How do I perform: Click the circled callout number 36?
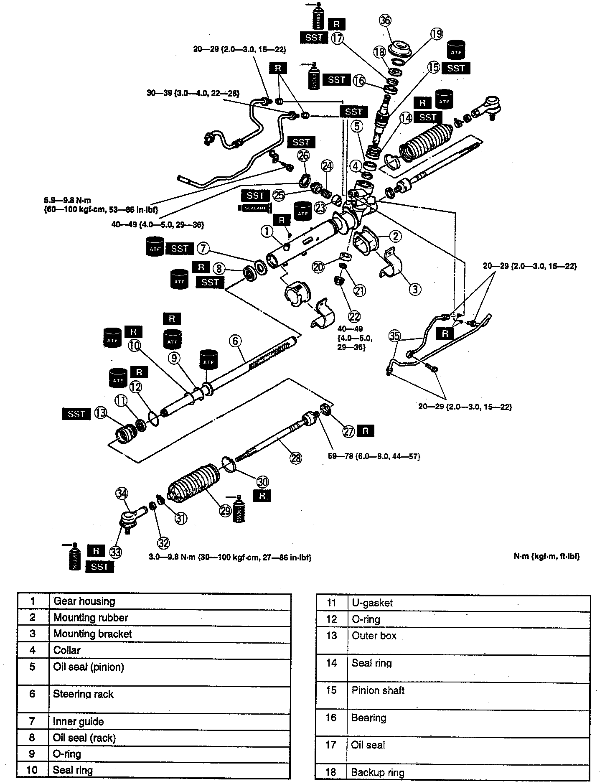point(385,20)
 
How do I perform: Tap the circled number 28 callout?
point(296,458)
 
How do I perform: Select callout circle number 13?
point(100,413)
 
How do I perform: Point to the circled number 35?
point(394,336)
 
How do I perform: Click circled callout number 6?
point(235,341)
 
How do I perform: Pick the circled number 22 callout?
point(354,316)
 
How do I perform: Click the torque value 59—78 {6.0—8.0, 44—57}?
point(374,456)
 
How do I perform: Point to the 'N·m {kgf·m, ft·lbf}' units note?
point(546,556)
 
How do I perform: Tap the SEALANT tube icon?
point(254,208)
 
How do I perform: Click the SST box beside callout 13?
point(76,414)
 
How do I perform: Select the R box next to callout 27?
point(366,431)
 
